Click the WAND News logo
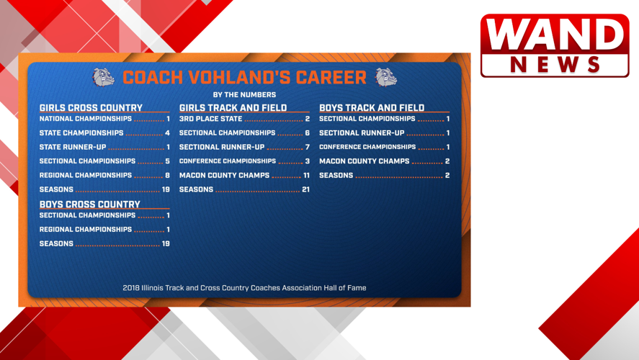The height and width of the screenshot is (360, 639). pyautogui.click(x=555, y=45)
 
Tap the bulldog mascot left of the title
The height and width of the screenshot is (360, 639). pyautogui.click(x=104, y=77)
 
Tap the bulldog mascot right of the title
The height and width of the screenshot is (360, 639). pyautogui.click(x=386, y=77)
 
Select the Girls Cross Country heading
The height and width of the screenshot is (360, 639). pyautogui.click(x=91, y=108)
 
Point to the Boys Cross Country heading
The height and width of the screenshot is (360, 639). pyautogui.click(x=89, y=204)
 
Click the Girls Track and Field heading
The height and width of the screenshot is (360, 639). pyautogui.click(x=233, y=108)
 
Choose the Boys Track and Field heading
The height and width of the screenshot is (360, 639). pyautogui.click(x=372, y=108)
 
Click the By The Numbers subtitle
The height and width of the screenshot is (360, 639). pyautogui.click(x=244, y=94)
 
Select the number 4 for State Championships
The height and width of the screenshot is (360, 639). pyautogui.click(x=167, y=133)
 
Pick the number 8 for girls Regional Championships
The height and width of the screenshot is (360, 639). pyautogui.click(x=167, y=175)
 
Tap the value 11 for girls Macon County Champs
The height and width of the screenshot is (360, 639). pyautogui.click(x=306, y=175)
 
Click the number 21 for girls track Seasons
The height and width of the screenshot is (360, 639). pyautogui.click(x=305, y=189)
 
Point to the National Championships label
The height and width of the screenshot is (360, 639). pyautogui.click(x=85, y=119)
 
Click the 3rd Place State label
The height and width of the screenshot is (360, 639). pyautogui.click(x=210, y=119)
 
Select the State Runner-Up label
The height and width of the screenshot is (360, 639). pyautogui.click(x=72, y=147)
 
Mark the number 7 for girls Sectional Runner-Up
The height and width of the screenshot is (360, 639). pyautogui.click(x=308, y=147)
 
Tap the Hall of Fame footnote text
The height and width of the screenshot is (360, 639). pyautogui.click(x=244, y=288)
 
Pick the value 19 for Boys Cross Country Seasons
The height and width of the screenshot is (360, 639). pyautogui.click(x=166, y=244)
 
